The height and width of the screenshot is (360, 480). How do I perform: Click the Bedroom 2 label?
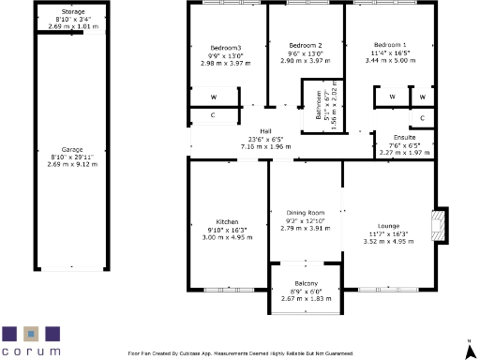point(305,46)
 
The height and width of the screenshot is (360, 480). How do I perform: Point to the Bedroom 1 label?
point(390,45)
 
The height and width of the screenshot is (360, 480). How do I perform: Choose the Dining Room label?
point(305,213)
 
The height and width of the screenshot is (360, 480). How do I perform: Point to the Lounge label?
point(388,226)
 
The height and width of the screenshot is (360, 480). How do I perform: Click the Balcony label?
point(306,283)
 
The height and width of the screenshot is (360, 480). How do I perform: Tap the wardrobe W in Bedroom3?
point(214,97)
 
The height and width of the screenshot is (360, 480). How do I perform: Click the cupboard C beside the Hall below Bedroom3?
point(214,115)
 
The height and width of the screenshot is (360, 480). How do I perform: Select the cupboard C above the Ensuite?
point(422,117)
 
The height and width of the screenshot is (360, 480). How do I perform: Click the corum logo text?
point(32,351)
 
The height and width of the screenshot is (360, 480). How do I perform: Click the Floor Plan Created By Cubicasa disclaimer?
point(240,353)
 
